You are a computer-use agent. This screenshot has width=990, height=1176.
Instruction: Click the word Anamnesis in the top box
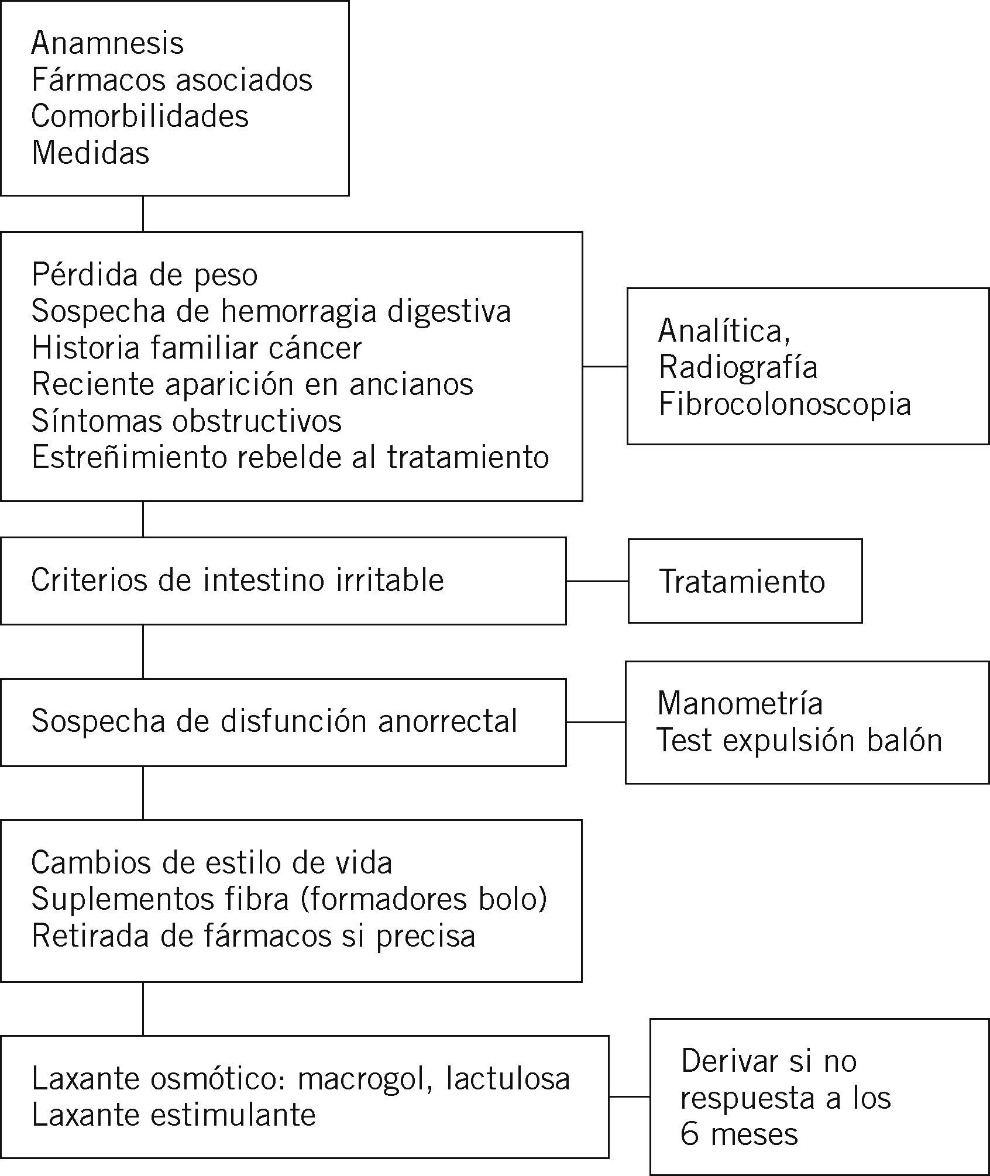(108, 43)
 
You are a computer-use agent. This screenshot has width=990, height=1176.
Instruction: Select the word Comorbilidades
(140, 116)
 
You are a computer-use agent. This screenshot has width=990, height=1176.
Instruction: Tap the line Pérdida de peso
(145, 275)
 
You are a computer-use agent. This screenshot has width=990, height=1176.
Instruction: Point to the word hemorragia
(298, 311)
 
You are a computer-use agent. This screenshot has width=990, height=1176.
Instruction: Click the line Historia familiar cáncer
(197, 348)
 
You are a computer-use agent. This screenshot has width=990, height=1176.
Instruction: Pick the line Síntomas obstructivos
(187, 421)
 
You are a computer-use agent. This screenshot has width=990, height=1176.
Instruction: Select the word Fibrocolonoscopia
(785, 404)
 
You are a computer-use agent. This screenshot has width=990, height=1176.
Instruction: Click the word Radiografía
(738, 367)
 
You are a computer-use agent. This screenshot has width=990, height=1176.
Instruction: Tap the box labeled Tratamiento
(744, 581)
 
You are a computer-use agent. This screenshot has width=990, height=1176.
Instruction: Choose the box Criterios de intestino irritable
(283, 581)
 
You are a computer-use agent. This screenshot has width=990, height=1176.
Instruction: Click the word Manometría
(740, 703)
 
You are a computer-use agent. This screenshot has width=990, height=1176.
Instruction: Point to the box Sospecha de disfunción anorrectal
(283, 722)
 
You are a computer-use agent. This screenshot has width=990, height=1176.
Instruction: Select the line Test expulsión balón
(799, 741)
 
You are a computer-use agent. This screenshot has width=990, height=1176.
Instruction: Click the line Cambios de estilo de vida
(212, 863)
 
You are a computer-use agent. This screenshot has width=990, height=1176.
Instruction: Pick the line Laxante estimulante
(174, 1115)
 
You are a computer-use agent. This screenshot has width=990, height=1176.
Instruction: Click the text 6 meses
(739, 1134)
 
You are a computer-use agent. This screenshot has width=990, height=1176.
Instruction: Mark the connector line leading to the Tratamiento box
(597, 581)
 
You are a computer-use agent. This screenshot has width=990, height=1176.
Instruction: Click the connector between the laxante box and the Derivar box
(629, 1096)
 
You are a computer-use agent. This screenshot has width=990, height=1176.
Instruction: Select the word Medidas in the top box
(91, 153)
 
